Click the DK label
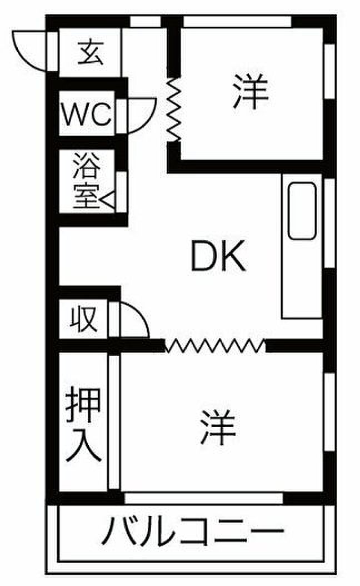pos(218,256)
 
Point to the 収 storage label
pos(84,319)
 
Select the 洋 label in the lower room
pos(218,426)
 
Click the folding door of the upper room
pos(174,110)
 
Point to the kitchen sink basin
pos(302,211)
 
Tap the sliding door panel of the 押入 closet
pos(114,423)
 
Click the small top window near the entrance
pos(145,22)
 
